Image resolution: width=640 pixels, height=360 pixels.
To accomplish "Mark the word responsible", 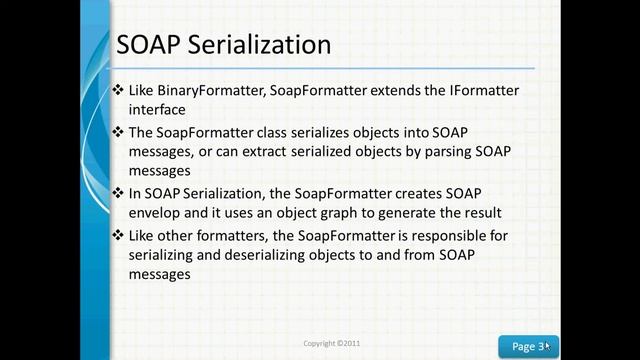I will [443, 235].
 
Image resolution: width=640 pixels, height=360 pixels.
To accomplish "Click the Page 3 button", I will [529, 346].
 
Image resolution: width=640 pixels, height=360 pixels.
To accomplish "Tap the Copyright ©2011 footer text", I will [332, 343].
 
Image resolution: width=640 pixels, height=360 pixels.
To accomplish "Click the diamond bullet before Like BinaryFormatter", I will [120, 91].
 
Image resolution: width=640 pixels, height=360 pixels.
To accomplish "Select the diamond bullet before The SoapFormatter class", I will [120, 132].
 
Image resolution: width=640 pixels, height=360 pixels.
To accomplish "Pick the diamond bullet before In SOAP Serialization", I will [120, 194].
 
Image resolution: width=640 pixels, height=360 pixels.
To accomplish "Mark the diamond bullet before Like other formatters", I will [120, 235].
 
